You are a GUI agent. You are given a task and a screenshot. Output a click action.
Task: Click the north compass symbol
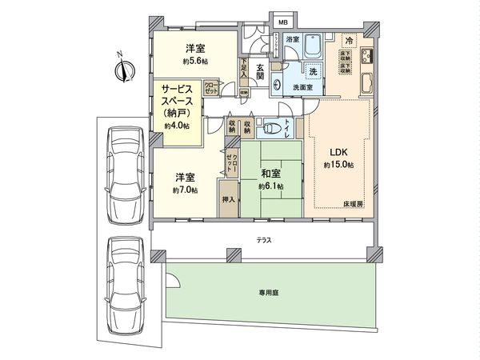122,70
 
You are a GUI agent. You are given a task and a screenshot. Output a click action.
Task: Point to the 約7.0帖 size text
186,191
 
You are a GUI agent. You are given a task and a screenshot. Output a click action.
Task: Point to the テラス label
262,239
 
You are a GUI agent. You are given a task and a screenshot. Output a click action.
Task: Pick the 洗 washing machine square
314,72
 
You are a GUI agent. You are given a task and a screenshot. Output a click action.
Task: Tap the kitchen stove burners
368,57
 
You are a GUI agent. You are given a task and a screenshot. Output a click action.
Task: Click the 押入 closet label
228,199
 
